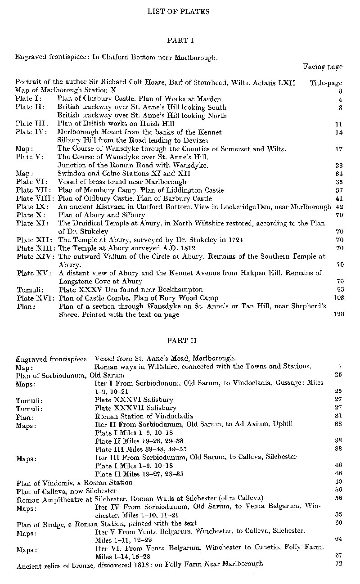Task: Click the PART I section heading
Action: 180,40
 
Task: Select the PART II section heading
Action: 180,340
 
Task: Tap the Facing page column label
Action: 323,67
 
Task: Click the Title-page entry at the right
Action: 326,83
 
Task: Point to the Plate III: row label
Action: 30,124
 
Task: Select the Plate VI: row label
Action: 30,182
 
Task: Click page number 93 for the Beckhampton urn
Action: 340,290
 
